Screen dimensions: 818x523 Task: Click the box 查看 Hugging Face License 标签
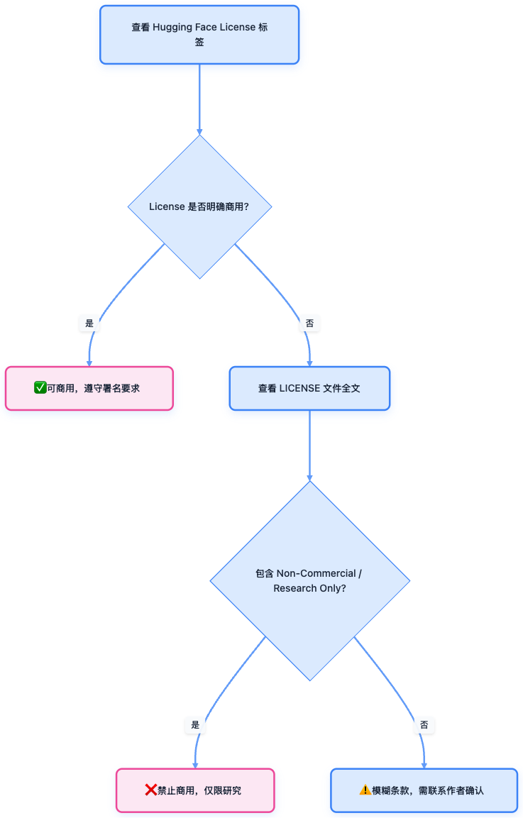[199, 35]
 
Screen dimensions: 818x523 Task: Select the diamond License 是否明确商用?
[199, 206]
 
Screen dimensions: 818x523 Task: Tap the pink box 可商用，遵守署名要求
[89, 388]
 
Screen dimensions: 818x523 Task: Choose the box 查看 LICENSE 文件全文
[309, 388]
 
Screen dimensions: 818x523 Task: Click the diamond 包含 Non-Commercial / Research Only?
[309, 581]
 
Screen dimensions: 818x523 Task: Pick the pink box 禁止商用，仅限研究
[195, 790]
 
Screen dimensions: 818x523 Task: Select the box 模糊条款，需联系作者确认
[424, 790]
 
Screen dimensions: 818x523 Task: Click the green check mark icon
[40, 387]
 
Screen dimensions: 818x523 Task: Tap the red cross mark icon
[150, 790]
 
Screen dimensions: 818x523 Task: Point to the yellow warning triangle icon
[365, 790]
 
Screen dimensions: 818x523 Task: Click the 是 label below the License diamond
[89, 324]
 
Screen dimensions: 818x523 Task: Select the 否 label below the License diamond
[309, 324]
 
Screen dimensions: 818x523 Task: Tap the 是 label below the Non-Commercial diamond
[195, 725]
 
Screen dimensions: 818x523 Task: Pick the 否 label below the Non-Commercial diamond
[424, 725]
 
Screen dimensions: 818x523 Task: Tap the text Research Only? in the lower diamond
[309, 589]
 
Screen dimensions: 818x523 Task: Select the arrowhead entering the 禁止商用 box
[195, 765]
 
